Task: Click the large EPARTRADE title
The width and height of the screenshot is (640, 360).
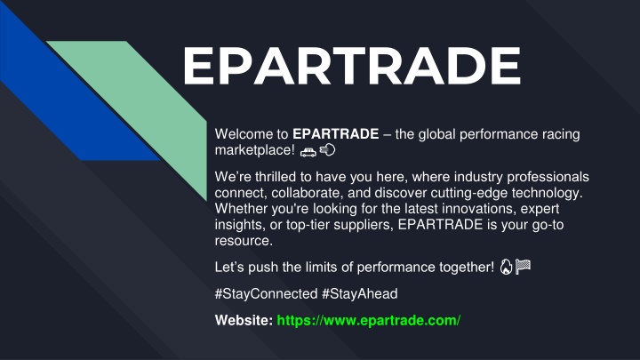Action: tap(351, 65)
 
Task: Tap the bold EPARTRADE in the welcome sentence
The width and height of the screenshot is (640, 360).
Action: tap(335, 134)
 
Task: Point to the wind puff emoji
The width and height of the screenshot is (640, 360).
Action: tap(327, 150)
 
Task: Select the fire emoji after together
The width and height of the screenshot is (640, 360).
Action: tap(506, 267)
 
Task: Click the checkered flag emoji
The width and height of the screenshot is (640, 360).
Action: tap(523, 267)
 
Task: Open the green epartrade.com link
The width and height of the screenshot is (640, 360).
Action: tap(369, 320)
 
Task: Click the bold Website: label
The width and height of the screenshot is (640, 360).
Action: tap(244, 320)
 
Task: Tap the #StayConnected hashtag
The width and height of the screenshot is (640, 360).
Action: tap(266, 294)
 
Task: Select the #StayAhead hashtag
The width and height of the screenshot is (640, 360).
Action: tap(360, 294)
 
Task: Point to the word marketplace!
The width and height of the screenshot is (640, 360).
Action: tap(255, 150)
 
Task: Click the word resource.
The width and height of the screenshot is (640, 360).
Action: tap(244, 241)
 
